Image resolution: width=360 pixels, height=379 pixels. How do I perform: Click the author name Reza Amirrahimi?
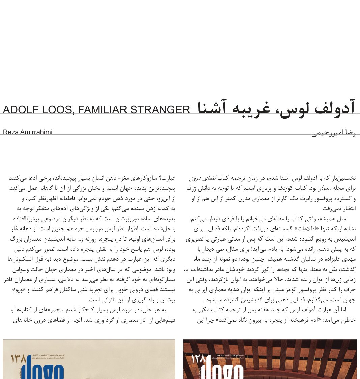pos(28,132)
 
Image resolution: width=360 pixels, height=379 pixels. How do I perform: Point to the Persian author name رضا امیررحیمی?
pos(333,133)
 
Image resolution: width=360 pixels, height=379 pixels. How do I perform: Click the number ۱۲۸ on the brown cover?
pos(198,359)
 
